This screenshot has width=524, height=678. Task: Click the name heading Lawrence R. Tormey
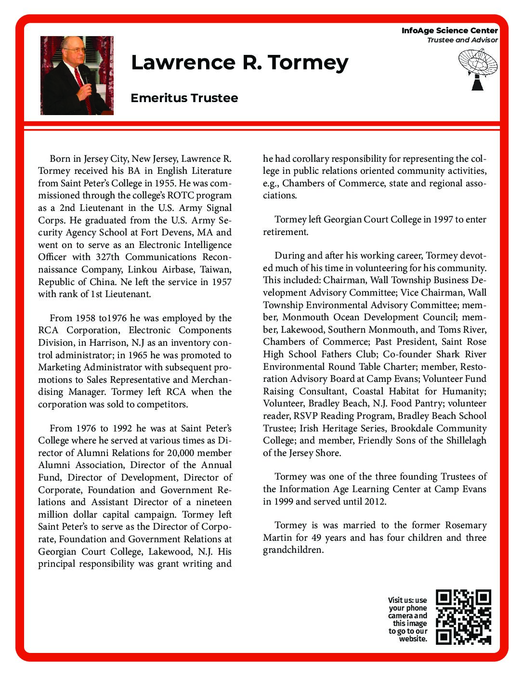pos(239,63)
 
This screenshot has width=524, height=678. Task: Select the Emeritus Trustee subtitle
pos(184,98)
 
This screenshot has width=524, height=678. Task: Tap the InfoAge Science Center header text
pos(449,30)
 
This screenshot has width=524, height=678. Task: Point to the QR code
pos(463,617)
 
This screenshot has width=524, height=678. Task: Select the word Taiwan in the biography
pos(215,269)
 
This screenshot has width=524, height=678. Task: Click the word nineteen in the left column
pos(213,502)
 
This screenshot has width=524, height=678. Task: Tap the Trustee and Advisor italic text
pos(462,40)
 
